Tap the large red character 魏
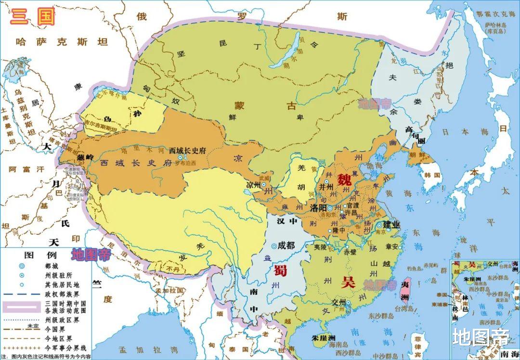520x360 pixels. point(344,180)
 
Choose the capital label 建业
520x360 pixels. point(391,225)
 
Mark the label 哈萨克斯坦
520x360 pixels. point(62,42)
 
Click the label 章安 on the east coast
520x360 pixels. point(392,247)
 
